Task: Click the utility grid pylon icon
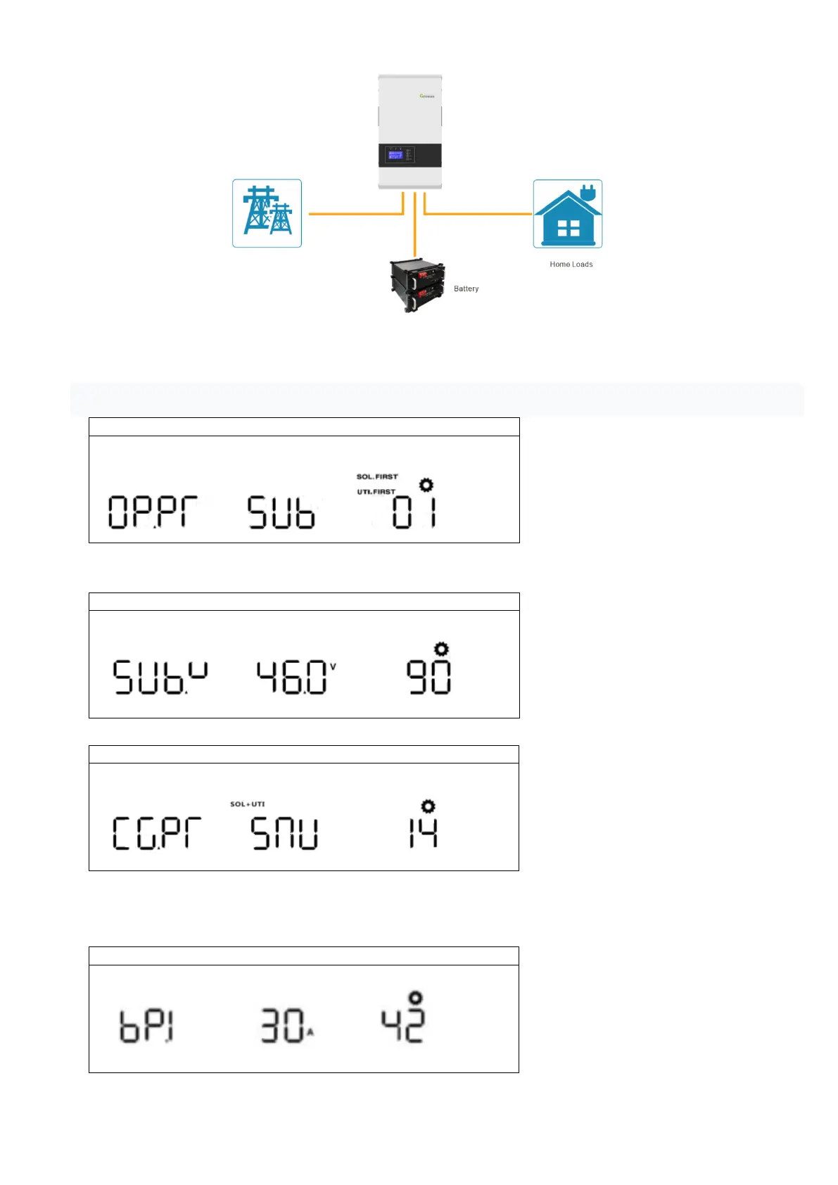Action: (x=267, y=213)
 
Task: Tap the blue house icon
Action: (x=567, y=219)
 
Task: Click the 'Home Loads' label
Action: (x=571, y=265)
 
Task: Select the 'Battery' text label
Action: (x=466, y=289)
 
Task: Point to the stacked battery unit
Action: (x=417, y=285)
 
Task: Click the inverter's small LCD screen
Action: (x=395, y=155)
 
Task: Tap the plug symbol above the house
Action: (x=588, y=191)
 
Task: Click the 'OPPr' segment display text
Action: (x=153, y=512)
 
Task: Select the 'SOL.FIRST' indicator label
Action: (x=377, y=477)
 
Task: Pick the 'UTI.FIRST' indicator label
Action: (x=376, y=492)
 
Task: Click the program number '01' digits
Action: (x=414, y=512)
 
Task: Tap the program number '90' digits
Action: (x=428, y=677)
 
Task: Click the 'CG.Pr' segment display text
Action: (x=157, y=833)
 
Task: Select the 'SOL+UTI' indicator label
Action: (x=248, y=804)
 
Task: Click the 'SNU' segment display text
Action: (x=284, y=833)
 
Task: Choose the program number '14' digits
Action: (x=423, y=832)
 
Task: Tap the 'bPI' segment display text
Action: (x=146, y=1026)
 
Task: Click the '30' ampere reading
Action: (x=283, y=1026)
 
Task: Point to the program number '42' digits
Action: (x=402, y=1026)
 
